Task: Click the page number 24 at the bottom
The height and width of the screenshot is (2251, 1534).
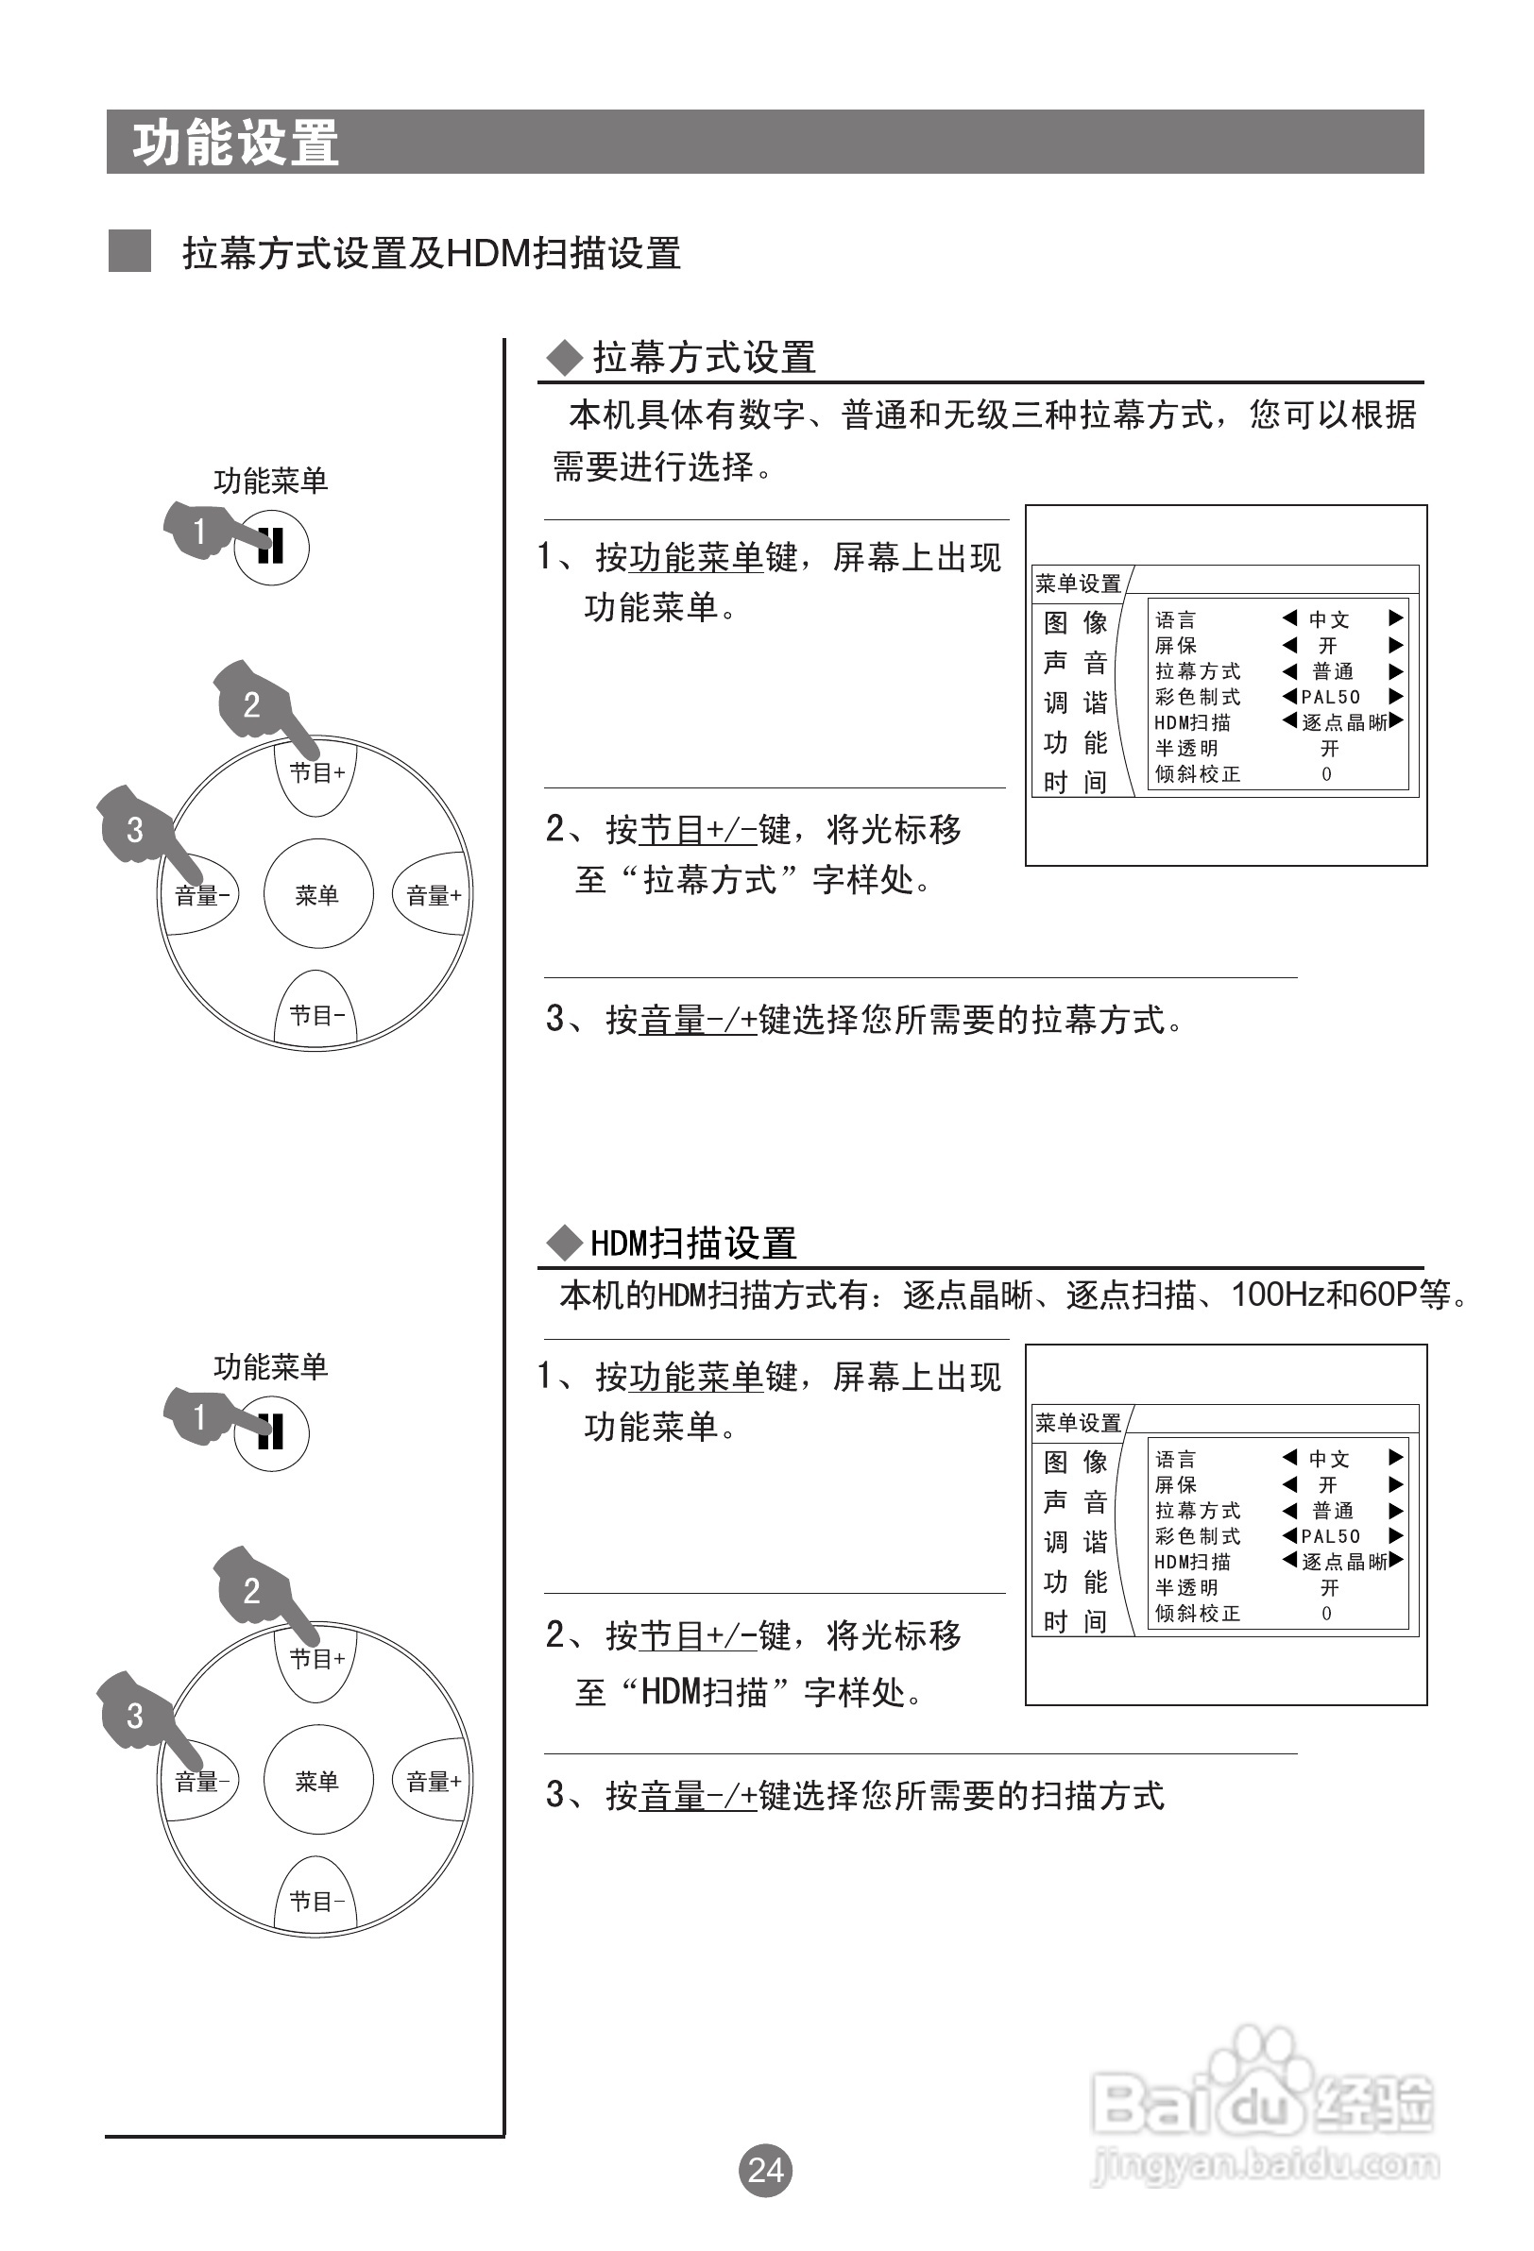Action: (x=765, y=2170)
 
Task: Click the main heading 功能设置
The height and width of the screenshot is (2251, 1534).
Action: (x=235, y=144)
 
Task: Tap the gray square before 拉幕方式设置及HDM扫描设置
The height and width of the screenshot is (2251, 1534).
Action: (x=128, y=251)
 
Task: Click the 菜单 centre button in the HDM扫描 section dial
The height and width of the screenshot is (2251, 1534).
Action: (x=316, y=1780)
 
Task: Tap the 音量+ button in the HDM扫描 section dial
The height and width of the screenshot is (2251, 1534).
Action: (x=434, y=1780)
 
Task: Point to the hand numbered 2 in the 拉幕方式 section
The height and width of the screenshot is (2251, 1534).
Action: (x=254, y=702)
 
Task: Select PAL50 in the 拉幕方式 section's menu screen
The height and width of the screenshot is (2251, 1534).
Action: (x=1331, y=697)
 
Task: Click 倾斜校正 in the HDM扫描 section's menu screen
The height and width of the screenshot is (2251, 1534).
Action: (x=1198, y=1614)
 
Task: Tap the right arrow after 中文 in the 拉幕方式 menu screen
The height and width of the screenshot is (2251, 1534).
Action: (x=1395, y=618)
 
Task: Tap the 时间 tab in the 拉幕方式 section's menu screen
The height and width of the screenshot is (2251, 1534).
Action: (x=1075, y=781)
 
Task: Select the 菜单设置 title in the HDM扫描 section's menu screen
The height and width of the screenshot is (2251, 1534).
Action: (x=1078, y=1423)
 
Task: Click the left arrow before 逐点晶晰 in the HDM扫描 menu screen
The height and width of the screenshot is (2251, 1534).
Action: (x=1288, y=1560)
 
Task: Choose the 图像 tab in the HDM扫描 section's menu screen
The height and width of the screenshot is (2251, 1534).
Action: (x=1075, y=1462)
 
